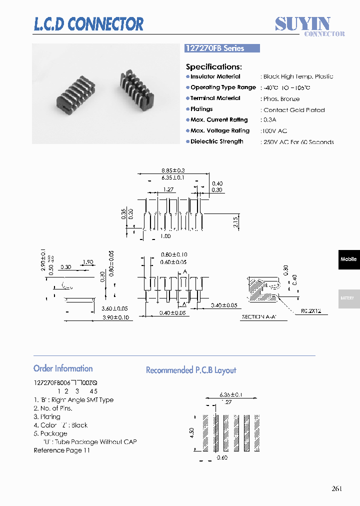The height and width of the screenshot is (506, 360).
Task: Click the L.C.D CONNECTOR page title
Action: [x=88, y=24]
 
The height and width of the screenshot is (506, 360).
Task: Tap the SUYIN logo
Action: [x=303, y=23]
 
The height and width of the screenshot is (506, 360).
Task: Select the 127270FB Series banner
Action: [x=222, y=48]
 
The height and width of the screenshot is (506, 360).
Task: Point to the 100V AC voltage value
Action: [x=275, y=131]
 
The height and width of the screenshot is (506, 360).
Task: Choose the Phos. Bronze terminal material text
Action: [x=281, y=99]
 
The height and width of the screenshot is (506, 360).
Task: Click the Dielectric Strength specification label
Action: [x=216, y=141]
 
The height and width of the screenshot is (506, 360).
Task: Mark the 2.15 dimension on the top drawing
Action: [x=235, y=222]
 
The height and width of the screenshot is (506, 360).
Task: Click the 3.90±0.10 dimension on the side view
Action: [x=115, y=317]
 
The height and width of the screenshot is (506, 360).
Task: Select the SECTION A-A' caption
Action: [x=260, y=317]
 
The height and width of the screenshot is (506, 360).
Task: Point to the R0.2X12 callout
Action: [x=310, y=311]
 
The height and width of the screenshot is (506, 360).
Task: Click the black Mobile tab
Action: [x=348, y=259]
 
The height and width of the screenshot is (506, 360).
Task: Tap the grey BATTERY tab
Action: [x=348, y=298]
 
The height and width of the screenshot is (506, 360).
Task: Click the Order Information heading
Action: [x=63, y=368]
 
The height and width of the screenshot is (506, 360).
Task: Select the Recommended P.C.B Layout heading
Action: [x=190, y=370]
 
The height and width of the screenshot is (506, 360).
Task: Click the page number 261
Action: [x=336, y=488]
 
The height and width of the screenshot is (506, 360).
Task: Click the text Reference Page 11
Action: [x=62, y=450]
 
